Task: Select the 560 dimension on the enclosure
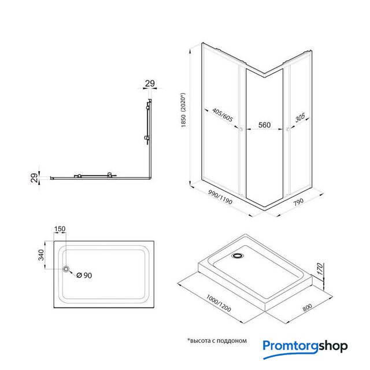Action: (264, 124)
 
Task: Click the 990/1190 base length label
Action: (220, 201)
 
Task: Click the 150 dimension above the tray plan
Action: (60, 230)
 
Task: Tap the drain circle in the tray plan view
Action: (67, 269)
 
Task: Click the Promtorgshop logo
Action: (305, 347)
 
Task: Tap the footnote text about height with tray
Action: (217, 341)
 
